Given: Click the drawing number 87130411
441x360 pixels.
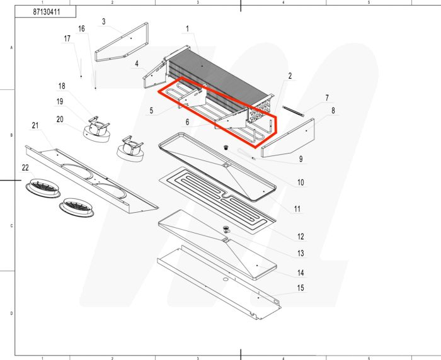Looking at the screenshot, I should [x=46, y=12].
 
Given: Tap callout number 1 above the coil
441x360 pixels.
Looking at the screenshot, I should [x=187, y=29].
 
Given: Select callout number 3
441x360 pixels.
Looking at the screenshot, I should [x=103, y=22].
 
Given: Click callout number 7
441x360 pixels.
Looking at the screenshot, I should [x=327, y=98].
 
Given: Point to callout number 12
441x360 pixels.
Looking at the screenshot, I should [x=301, y=237].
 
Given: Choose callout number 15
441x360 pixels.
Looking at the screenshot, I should [x=301, y=288].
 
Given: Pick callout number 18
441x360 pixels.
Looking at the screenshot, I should [x=62, y=86].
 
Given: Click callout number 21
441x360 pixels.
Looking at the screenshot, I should [x=35, y=127].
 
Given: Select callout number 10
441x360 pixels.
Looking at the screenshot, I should [x=301, y=183].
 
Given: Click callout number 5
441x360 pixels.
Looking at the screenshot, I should [x=151, y=111].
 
